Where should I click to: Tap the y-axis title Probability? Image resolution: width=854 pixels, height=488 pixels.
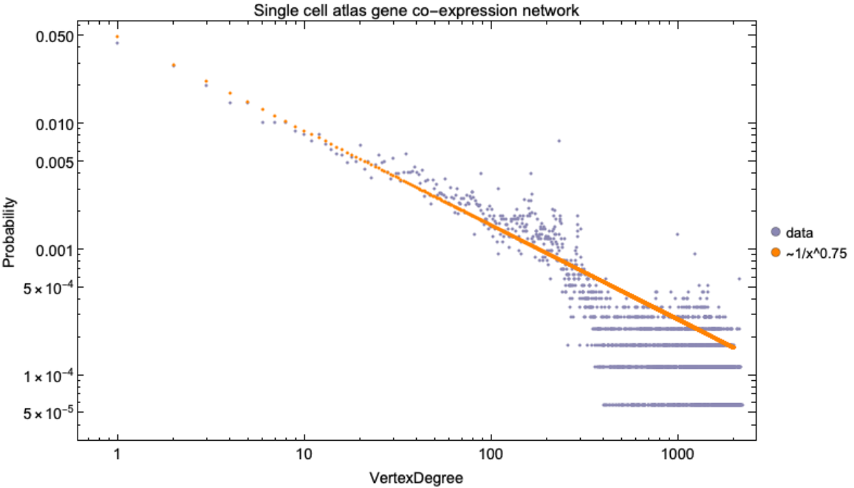[x=9, y=231]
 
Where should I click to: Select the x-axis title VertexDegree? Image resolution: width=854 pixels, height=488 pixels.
[x=417, y=478]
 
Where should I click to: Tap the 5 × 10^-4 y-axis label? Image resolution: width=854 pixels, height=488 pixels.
[x=47, y=287]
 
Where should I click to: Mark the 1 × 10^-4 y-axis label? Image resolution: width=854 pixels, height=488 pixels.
[x=47, y=375]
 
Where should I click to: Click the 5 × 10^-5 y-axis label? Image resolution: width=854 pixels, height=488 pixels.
[x=47, y=412]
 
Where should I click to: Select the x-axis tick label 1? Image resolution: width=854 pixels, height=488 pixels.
[x=117, y=455]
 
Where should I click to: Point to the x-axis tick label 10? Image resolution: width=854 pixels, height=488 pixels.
[x=303, y=455]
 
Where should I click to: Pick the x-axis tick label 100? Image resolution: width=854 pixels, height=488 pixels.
[x=491, y=455]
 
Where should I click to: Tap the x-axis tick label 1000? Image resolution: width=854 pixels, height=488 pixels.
[x=677, y=455]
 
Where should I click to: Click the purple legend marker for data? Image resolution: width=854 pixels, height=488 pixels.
[x=776, y=231]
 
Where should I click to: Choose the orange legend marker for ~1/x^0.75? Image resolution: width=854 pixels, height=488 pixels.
[x=776, y=253]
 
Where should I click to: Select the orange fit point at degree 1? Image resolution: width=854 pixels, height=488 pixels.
[x=117, y=36]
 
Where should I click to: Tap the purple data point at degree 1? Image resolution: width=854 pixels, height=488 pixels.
[x=117, y=43]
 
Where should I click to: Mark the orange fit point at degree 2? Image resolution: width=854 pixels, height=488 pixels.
[x=174, y=65]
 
